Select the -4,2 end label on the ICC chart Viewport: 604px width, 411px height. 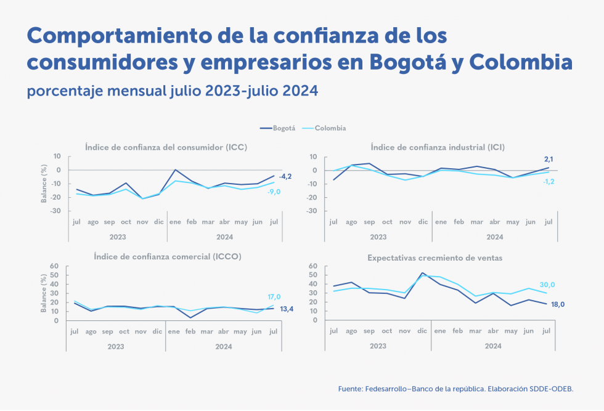(285, 177)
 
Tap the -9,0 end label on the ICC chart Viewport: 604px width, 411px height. (274, 192)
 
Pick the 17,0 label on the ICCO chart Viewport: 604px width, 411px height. (274, 296)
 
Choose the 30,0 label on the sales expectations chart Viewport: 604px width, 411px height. (547, 285)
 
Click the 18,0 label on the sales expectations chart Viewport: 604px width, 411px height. (558, 304)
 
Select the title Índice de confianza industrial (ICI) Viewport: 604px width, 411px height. (438, 147)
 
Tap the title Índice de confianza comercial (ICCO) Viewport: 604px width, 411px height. (167, 256)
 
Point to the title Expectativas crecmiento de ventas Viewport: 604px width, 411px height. (435, 258)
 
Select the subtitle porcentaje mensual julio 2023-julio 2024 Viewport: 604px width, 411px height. (172, 91)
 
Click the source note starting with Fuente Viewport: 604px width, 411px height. (455, 389)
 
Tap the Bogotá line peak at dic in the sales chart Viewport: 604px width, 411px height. (422, 273)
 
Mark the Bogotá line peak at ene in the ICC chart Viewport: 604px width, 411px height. (176, 169)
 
